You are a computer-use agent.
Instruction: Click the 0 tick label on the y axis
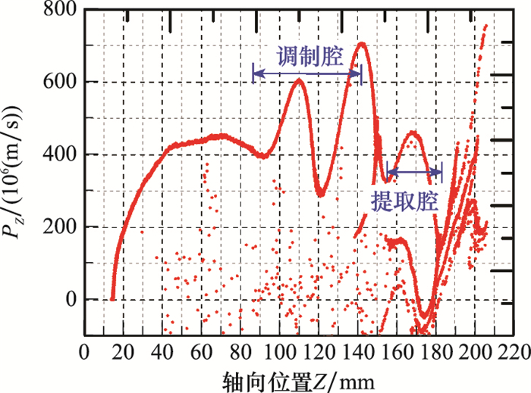[72, 300]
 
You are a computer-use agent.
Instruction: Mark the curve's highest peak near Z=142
[362, 44]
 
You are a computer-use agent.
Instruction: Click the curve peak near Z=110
[299, 80]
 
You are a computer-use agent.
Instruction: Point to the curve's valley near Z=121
[321, 194]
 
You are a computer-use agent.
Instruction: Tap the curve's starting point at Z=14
[112, 299]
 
